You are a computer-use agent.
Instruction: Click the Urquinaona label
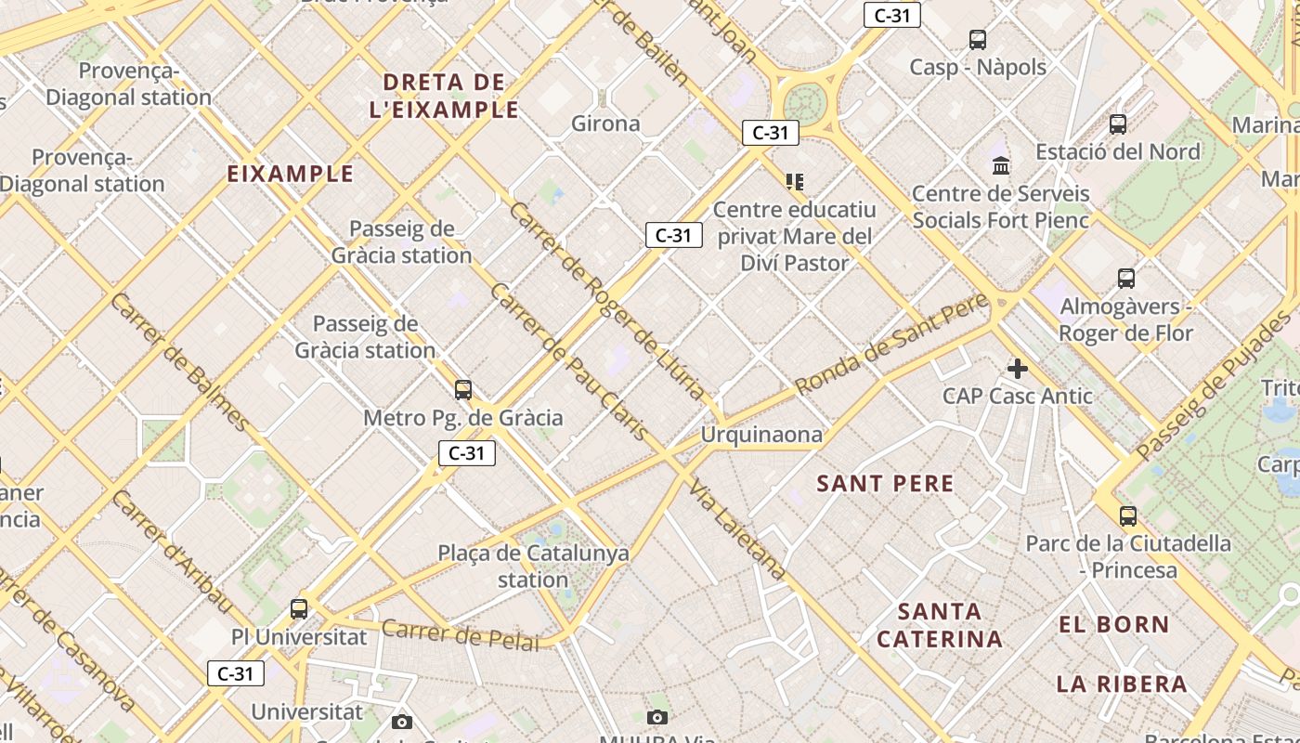(761, 435)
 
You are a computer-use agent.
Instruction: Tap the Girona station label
(605, 124)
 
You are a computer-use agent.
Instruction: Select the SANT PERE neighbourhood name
(885, 483)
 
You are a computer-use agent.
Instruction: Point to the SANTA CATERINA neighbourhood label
(940, 625)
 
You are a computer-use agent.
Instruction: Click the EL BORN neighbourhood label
(1113, 624)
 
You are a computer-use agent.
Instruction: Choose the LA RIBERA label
(1122, 684)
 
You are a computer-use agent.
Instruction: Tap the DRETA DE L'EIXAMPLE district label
(444, 96)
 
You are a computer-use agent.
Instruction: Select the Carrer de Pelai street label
(460, 634)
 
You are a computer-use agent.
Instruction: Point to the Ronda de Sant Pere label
(891, 344)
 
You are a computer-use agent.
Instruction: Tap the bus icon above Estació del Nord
(1118, 124)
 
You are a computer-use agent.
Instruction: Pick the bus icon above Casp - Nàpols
(978, 40)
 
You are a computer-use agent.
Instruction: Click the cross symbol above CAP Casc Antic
(1018, 369)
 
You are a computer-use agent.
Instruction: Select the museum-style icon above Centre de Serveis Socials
(1001, 166)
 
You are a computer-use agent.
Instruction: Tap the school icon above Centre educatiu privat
(794, 181)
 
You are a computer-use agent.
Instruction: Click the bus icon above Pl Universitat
(299, 609)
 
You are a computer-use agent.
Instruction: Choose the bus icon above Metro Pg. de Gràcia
(462, 390)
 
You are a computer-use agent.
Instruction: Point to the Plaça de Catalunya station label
(533, 567)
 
